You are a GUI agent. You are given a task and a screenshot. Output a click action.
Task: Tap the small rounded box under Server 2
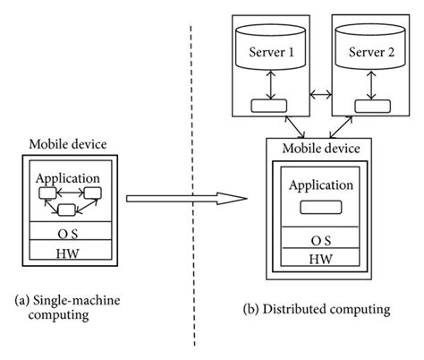click(368, 106)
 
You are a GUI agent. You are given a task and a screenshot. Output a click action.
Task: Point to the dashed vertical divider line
click(193, 269)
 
